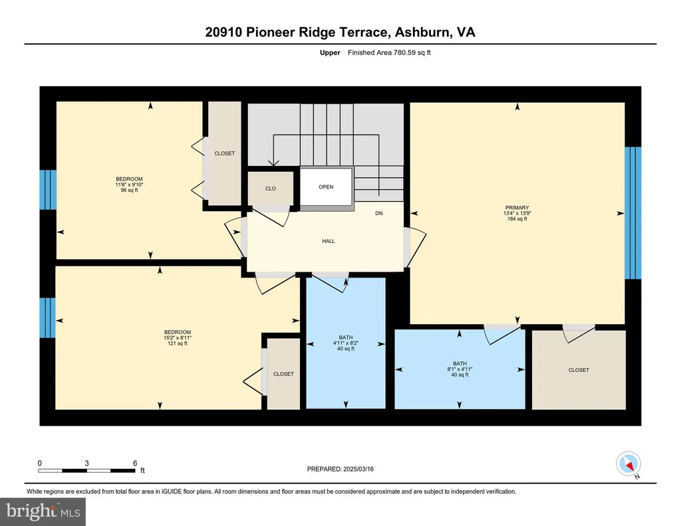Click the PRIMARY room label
(x=517, y=208)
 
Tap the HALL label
(x=329, y=241)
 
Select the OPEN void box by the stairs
(x=326, y=187)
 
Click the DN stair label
(x=378, y=213)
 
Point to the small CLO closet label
(x=271, y=189)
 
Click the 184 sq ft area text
(x=517, y=219)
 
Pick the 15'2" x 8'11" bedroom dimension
(x=178, y=338)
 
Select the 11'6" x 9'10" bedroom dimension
(x=129, y=185)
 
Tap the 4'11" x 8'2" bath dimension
(x=346, y=343)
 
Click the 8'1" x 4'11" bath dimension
(x=460, y=369)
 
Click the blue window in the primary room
(x=633, y=213)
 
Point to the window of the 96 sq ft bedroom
(x=48, y=189)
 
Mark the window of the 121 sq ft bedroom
(x=47, y=317)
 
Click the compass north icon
(x=628, y=464)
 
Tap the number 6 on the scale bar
(x=135, y=463)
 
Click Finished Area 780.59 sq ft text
(x=389, y=53)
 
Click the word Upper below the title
(x=330, y=53)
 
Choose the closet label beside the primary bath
(x=579, y=371)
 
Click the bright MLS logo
(x=43, y=511)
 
